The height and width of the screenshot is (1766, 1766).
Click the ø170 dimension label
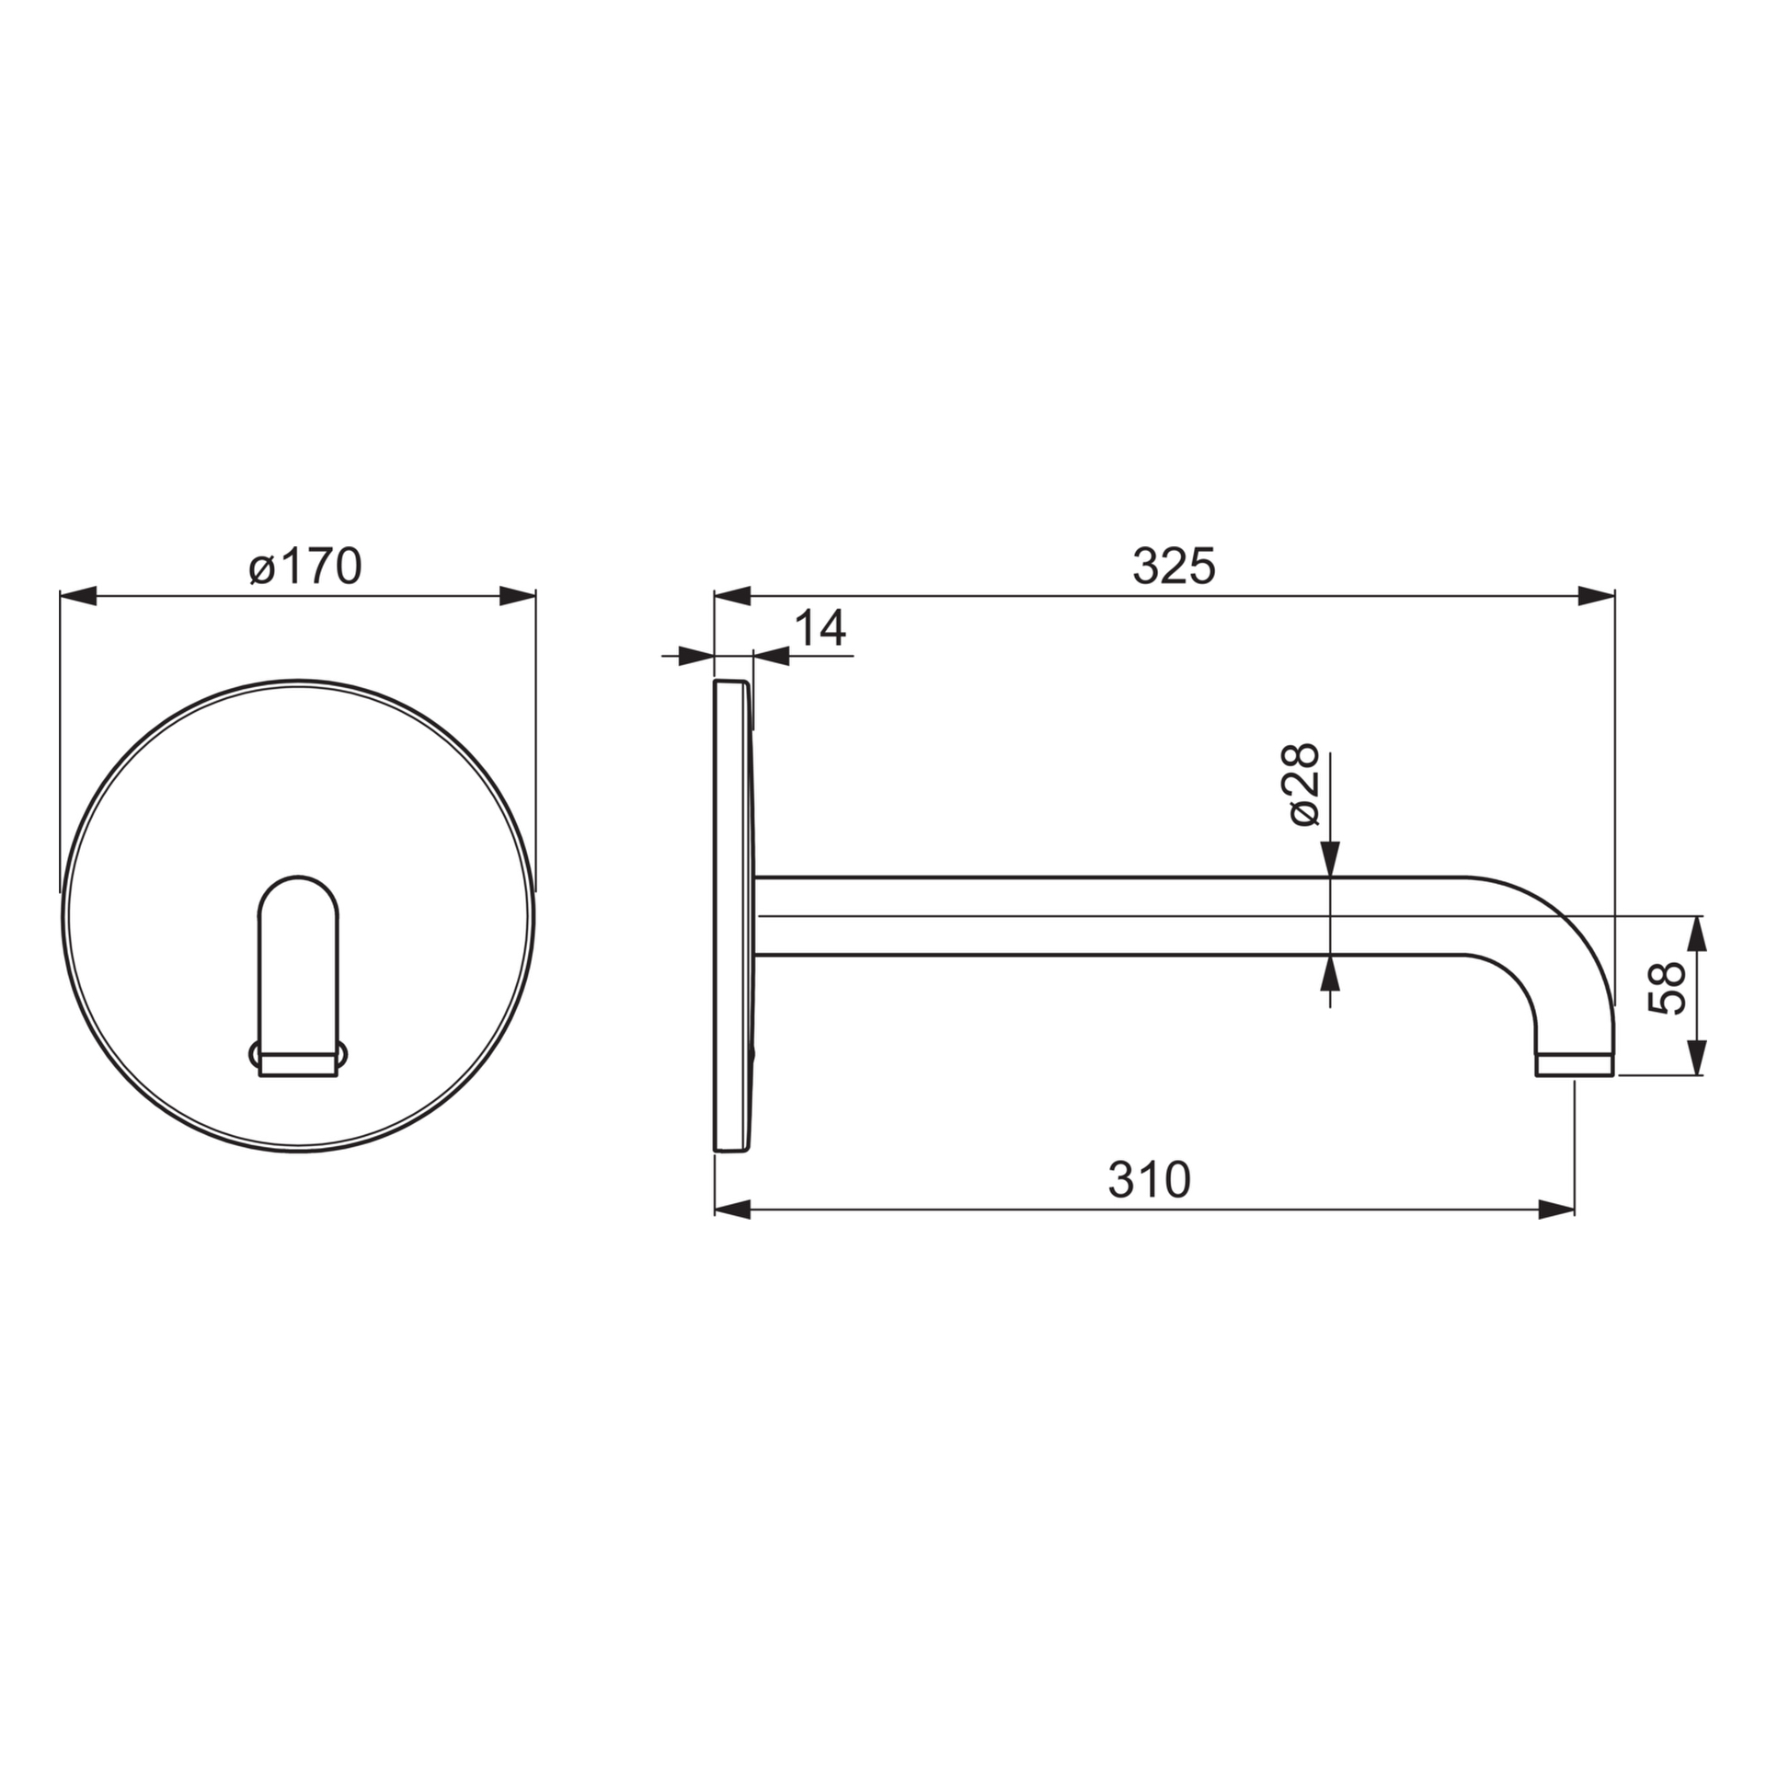pos(305,567)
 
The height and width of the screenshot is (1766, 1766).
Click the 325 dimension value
pos(1173,567)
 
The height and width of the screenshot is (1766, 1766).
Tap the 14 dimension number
pos(819,629)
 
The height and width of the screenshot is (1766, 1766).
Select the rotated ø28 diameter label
pos(1303,786)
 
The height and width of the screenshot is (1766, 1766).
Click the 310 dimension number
pos(1149,1179)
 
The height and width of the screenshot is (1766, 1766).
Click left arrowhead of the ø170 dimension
pos(78,596)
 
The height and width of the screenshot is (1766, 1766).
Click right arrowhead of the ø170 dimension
pos(517,596)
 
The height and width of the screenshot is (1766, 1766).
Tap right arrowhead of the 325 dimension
pos(1596,596)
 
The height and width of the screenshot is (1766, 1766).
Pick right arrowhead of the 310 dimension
pos(1555,1210)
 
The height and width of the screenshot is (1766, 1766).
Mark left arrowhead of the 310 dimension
pos(733,1210)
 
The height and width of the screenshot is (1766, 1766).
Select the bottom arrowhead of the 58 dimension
pos(1698,1057)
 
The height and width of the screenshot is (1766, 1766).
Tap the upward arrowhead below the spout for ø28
pos(1330,972)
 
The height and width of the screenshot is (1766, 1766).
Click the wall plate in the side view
pos(733,915)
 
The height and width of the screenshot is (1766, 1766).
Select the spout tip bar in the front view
pos(299,1065)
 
